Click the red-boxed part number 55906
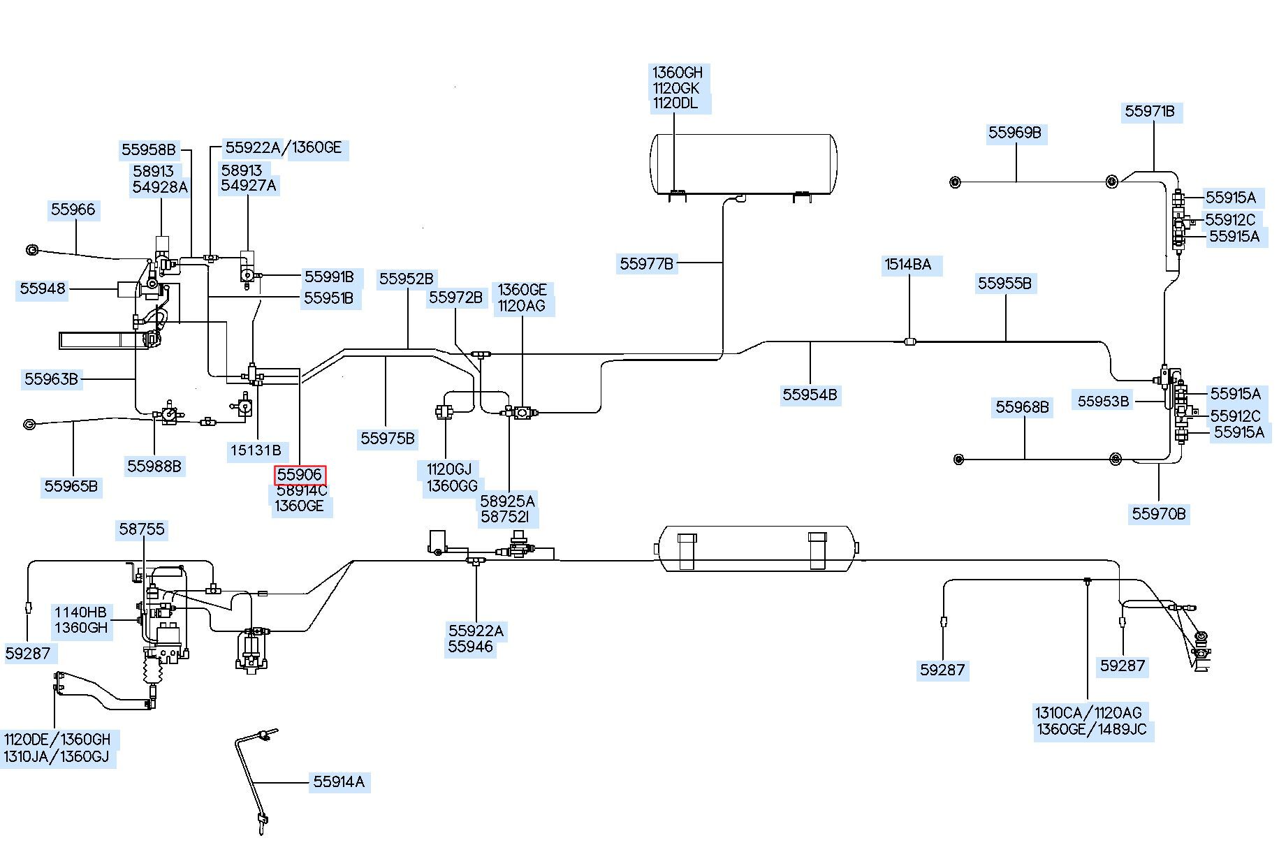[x=300, y=475]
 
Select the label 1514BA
[x=908, y=265]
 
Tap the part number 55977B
[x=647, y=264]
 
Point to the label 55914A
[x=339, y=781]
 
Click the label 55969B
[x=1014, y=133]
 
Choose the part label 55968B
[x=1023, y=406]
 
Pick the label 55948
[x=43, y=288]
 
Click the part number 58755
[x=142, y=529]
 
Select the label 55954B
[x=810, y=395]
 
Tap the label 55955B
[x=1004, y=283]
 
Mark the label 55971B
[x=1150, y=111]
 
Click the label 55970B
[x=1159, y=514]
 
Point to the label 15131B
[x=256, y=450]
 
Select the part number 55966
[x=73, y=210]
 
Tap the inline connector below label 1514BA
[x=909, y=341]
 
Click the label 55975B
[x=388, y=439]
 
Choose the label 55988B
[x=154, y=466]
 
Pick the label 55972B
[x=455, y=297]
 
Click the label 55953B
[x=1103, y=401]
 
